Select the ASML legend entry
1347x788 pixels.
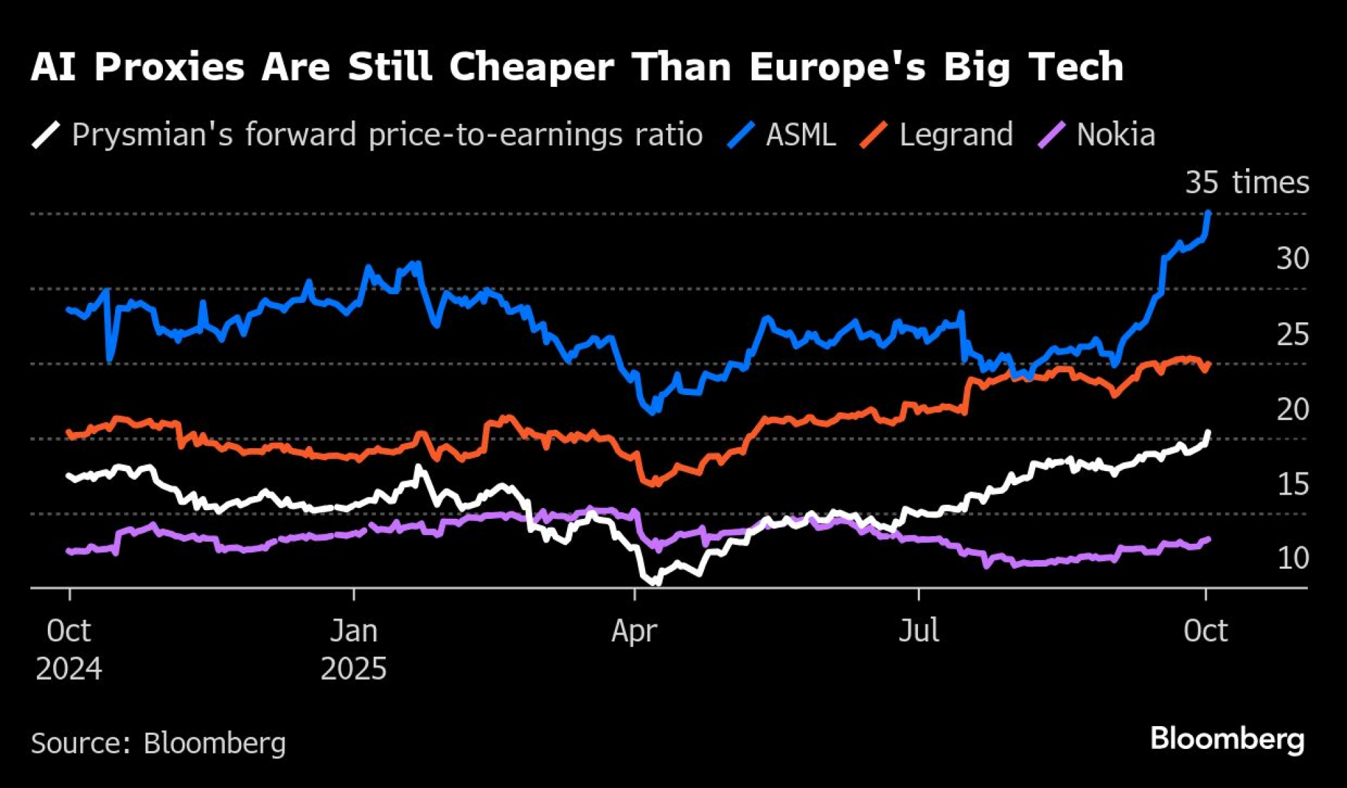800,135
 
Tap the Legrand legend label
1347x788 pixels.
956,135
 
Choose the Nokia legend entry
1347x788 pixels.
1115,135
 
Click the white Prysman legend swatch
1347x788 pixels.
46,135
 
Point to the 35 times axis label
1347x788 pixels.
1247,182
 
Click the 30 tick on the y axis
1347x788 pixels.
1292,258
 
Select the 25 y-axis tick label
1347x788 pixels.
1292,334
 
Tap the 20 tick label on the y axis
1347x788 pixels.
1292,409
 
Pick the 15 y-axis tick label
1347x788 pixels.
1292,485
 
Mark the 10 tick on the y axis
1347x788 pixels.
1292,558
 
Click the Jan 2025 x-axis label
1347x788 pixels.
354,649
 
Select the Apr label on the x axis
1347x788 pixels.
634,631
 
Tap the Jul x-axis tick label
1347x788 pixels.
919,631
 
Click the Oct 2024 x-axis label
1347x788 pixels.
69,649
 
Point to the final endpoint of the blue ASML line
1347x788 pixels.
1209,213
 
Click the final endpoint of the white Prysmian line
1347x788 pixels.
1208,432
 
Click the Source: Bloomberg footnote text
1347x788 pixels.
158,743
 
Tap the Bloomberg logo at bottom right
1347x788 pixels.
1227,739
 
